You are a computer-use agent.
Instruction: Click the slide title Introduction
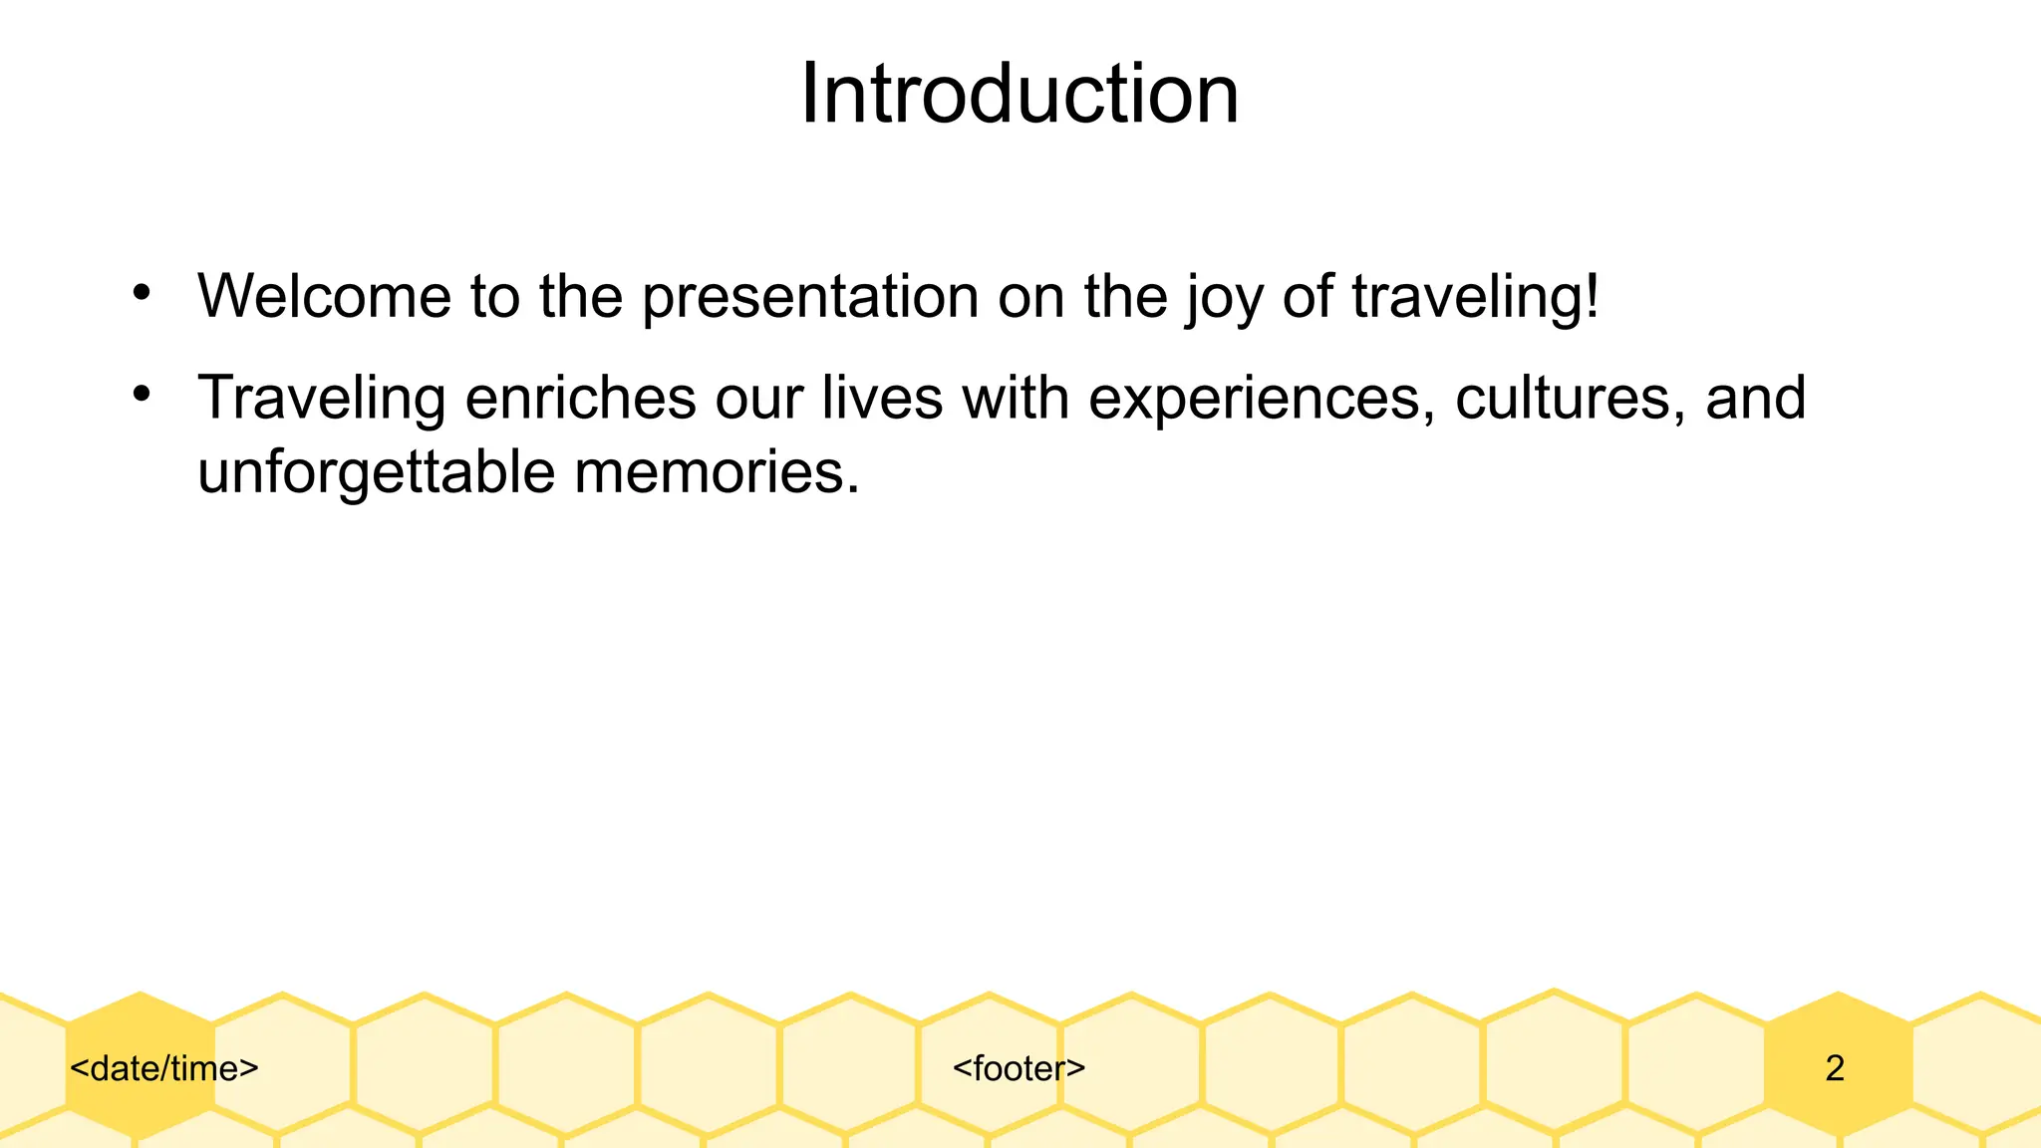coord(1020,94)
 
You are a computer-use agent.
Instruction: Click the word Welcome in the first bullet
coord(324,296)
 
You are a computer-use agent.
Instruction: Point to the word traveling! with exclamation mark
coord(1475,298)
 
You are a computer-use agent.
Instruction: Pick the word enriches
coord(580,398)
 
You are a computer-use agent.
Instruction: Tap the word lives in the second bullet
coord(881,398)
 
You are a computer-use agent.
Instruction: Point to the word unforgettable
coord(376,471)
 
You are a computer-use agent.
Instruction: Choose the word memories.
coord(716,471)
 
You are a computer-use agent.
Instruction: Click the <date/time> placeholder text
coord(164,1068)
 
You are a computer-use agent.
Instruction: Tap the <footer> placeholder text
coord(1019,1068)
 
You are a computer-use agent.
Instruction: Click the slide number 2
coord(1835,1068)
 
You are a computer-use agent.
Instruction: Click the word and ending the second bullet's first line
coord(1755,398)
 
